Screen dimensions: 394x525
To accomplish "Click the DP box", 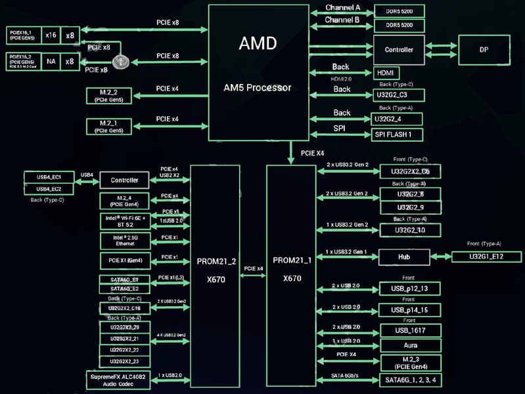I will coord(485,49).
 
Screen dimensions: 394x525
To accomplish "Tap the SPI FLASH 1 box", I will coord(398,135).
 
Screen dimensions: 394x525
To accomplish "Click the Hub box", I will coord(403,257).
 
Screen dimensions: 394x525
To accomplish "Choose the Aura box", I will coord(410,345).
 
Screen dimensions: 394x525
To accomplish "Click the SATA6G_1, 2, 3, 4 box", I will coord(410,380).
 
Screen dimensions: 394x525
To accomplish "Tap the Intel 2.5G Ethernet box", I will coord(124,240).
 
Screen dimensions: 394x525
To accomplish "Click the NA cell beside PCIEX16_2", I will coord(51,62).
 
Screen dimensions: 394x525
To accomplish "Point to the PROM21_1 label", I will coord(291,261).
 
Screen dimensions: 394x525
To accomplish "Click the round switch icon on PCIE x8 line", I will coord(120,62).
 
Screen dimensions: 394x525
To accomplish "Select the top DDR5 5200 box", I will coord(399,11).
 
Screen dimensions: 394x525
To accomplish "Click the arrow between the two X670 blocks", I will coord(253,276).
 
